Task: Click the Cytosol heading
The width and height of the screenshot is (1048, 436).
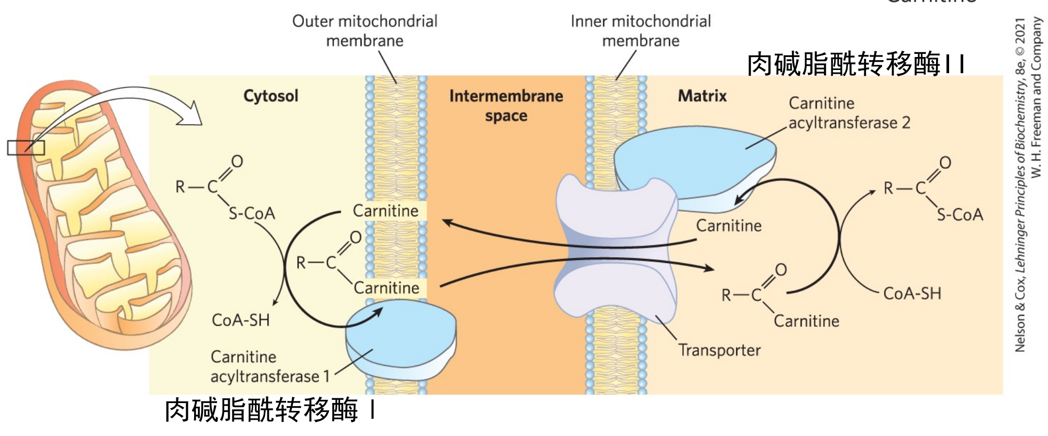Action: coord(271,96)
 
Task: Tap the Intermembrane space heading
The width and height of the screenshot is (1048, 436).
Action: coord(506,105)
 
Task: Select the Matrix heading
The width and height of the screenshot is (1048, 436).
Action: coord(702,96)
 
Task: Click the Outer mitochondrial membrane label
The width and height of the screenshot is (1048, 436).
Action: coord(365,31)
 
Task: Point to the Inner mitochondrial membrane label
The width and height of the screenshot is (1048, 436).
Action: coord(640,31)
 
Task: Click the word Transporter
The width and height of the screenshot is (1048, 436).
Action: coord(719,350)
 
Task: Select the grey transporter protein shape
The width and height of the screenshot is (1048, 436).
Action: coord(615,246)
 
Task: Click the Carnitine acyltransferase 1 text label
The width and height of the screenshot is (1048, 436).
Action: coord(270,366)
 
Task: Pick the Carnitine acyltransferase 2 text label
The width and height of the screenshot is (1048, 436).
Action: coord(849,113)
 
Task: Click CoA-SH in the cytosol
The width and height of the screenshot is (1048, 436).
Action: coord(241,320)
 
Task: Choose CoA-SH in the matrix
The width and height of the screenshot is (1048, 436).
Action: coord(912,294)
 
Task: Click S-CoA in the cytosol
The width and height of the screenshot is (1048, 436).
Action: coord(252,213)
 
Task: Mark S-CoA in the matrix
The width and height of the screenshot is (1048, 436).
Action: coord(960,215)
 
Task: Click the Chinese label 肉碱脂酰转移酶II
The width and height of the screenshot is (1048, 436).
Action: coord(855,64)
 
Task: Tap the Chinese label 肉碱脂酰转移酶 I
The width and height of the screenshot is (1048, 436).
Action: coord(269,409)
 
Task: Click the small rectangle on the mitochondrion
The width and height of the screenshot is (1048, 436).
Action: coord(26,148)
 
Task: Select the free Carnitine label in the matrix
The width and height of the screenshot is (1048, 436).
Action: coord(728,226)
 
